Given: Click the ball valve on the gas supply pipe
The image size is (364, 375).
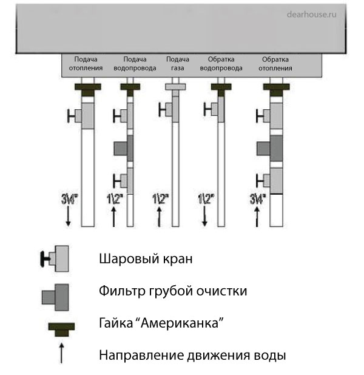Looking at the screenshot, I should [168, 109].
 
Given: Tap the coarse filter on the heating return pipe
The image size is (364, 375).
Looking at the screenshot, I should [269, 147].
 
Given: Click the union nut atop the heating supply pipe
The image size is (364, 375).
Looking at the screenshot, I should [87, 91].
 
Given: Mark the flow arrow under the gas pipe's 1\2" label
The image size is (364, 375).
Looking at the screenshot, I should [160, 216].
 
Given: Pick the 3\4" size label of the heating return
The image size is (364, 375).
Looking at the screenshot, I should [257, 198].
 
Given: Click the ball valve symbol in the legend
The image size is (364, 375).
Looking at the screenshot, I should [55, 260].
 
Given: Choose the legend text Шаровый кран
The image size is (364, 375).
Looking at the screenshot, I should [145, 259].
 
